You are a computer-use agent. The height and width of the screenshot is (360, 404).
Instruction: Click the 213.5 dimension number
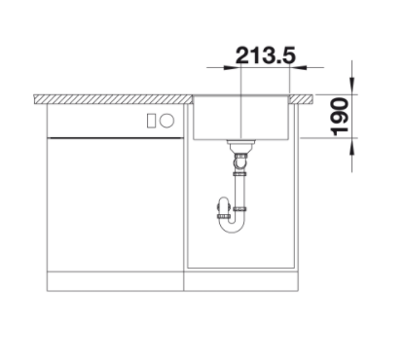coord(266,55)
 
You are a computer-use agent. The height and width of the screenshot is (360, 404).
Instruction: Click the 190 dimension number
coord(340,117)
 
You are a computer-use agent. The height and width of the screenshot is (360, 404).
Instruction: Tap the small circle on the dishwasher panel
coord(167,121)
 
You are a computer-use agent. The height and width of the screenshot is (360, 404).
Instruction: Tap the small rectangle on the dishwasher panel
coord(151,121)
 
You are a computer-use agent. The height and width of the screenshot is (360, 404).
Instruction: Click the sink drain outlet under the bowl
coord(241,147)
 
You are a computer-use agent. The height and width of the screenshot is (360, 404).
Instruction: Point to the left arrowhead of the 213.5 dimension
coord(232,68)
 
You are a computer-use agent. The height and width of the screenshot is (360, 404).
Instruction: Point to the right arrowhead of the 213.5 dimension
coord(298,68)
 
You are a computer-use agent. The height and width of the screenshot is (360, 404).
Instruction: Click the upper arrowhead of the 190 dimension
coord(352,86)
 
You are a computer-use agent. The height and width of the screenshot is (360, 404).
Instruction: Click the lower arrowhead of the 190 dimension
coord(352,147)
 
